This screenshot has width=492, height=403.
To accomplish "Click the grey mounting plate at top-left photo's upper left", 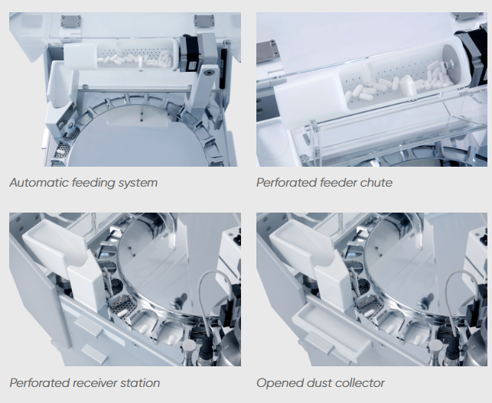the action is [x=71, y=21].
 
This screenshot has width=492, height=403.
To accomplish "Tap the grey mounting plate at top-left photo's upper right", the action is [x=204, y=21].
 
